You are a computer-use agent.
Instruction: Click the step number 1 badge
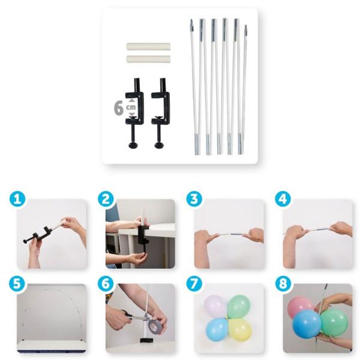click(17, 199)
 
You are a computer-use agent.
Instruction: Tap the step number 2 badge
click(106, 199)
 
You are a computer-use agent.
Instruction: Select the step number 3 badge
click(194, 199)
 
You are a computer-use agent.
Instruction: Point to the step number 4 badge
click(283, 199)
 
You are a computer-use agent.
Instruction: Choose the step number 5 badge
click(17, 284)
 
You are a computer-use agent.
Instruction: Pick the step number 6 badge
click(106, 284)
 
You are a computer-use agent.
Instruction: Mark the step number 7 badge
click(194, 284)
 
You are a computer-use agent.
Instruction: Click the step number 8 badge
click(283, 284)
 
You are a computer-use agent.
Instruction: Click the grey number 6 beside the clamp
click(118, 107)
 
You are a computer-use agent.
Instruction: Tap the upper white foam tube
click(148, 47)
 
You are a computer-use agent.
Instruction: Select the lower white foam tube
click(148, 59)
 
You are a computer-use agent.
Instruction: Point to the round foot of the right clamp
click(160, 145)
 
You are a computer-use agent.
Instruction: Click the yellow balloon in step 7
click(241, 329)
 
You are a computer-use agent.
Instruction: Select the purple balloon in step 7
click(215, 306)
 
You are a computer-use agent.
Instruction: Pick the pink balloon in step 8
click(300, 307)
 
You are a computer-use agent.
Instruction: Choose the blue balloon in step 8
click(307, 324)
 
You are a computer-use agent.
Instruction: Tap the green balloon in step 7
click(239, 306)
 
